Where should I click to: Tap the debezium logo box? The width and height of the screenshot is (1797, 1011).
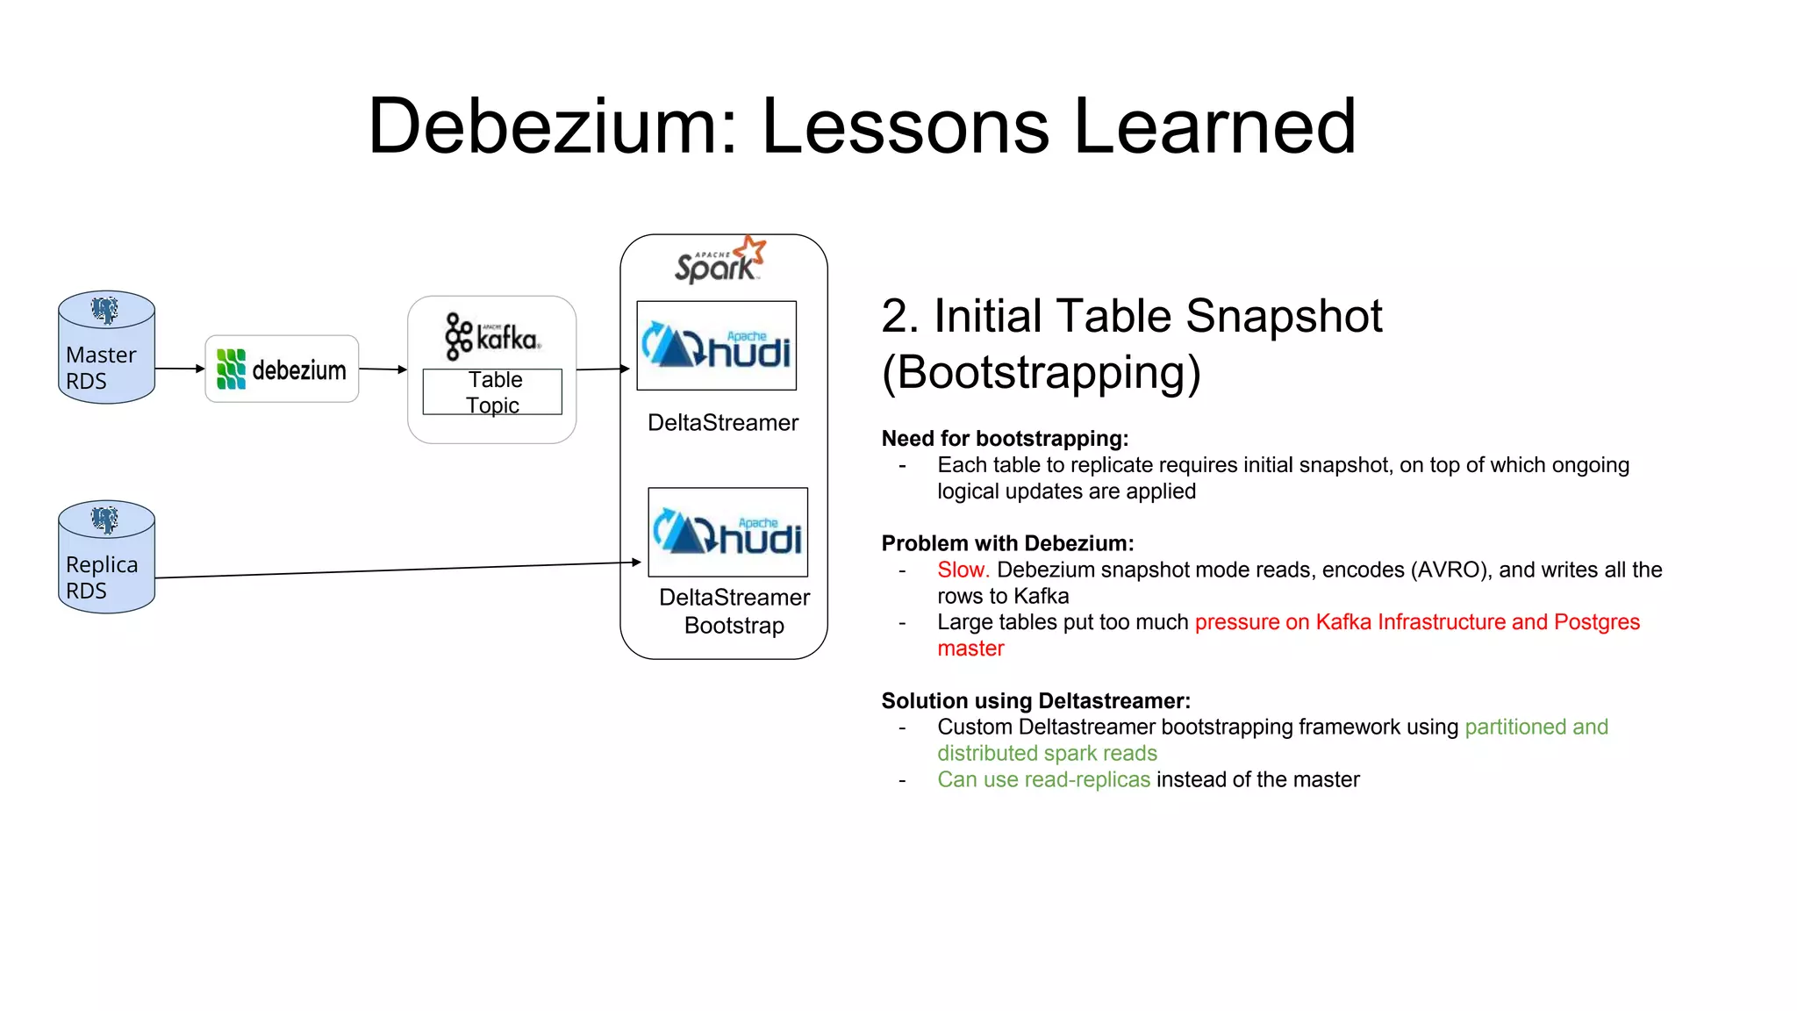coord(282,369)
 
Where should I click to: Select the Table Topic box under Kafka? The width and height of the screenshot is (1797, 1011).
coord(492,392)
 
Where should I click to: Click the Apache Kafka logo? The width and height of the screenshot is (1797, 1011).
coord(492,337)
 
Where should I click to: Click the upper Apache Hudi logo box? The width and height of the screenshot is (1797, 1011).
coord(716,346)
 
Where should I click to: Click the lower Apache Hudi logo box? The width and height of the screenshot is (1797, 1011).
coord(727,532)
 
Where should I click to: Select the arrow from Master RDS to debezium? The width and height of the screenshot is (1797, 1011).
coord(180,369)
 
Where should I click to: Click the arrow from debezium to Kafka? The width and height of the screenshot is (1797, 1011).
coord(383,369)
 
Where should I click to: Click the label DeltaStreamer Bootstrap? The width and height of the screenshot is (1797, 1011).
coord(734,611)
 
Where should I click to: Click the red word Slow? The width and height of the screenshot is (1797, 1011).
coord(963,570)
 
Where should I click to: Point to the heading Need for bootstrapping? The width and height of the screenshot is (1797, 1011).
coord(1005,438)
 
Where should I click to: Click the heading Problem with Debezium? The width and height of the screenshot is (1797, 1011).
coord(1007,543)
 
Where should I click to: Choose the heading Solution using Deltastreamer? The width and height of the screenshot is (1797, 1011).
coord(1035,700)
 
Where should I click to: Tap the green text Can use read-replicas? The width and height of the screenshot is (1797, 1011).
coord(1043,779)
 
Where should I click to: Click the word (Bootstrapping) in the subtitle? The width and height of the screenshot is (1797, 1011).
coord(1041,372)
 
